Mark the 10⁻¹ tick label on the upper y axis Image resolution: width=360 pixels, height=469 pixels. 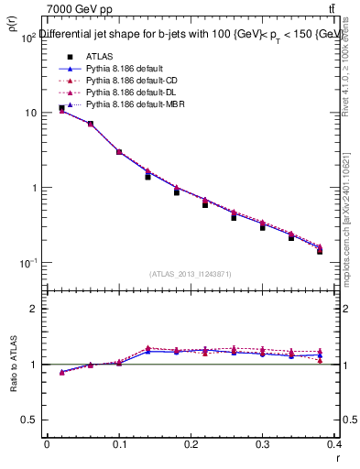coord(27,264)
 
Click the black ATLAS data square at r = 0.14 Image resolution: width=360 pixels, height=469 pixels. coord(147,177)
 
